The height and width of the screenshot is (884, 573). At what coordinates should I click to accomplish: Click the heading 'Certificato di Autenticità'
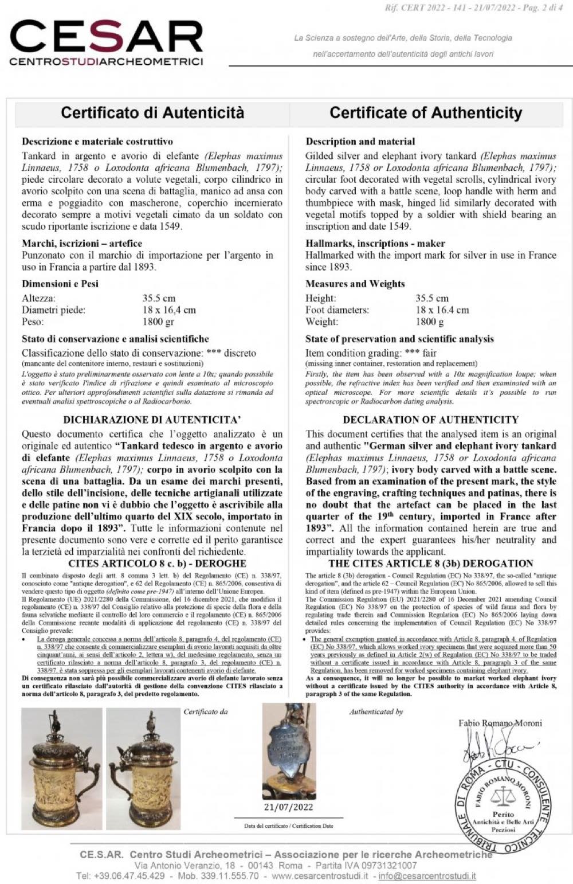[x=152, y=112]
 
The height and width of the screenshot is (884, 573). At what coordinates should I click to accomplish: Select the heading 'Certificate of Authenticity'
[x=426, y=113]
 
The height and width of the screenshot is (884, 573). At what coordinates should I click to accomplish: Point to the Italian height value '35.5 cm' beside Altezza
[x=159, y=298]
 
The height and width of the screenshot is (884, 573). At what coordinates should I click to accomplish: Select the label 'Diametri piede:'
[x=53, y=310]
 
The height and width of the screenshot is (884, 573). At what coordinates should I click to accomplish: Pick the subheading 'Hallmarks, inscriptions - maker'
[x=375, y=244]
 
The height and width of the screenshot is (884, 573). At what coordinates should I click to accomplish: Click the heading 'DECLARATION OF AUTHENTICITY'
[x=430, y=420]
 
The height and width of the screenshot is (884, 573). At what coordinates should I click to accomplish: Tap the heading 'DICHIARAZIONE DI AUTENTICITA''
[x=152, y=420]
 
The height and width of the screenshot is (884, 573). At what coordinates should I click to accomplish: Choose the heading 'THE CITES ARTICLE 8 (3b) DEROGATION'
[x=431, y=564]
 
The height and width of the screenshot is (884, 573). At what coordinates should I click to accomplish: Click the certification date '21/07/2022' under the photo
[x=289, y=807]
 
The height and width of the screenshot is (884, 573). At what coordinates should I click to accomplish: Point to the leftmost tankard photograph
[x=62, y=768]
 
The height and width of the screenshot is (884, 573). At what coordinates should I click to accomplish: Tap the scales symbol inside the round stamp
[x=503, y=795]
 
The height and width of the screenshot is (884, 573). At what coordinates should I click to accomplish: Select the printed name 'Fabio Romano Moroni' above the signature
[x=500, y=723]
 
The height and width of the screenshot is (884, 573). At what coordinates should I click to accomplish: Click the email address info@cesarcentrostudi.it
[x=427, y=876]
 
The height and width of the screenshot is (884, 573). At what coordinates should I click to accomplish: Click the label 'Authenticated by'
[x=376, y=711]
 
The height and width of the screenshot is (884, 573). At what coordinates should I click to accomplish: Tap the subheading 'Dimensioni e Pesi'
[x=60, y=284]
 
